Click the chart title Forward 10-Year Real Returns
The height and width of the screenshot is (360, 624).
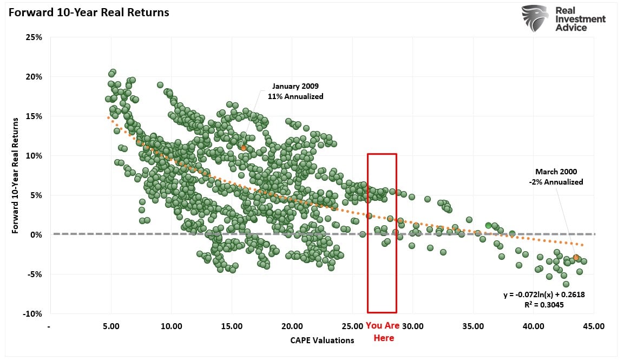88,12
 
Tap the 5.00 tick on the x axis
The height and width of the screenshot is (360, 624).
111,326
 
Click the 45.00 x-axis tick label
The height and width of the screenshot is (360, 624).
594,326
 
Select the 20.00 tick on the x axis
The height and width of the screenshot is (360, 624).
292,326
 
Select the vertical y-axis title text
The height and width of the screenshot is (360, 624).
16,175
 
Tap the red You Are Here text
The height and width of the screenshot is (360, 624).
383,332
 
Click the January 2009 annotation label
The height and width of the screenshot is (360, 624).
295,87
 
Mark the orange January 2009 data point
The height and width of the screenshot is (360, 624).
244,148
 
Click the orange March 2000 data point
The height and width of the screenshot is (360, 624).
576,258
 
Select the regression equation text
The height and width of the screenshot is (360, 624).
544,294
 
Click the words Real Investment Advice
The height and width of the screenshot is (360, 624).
580,19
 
